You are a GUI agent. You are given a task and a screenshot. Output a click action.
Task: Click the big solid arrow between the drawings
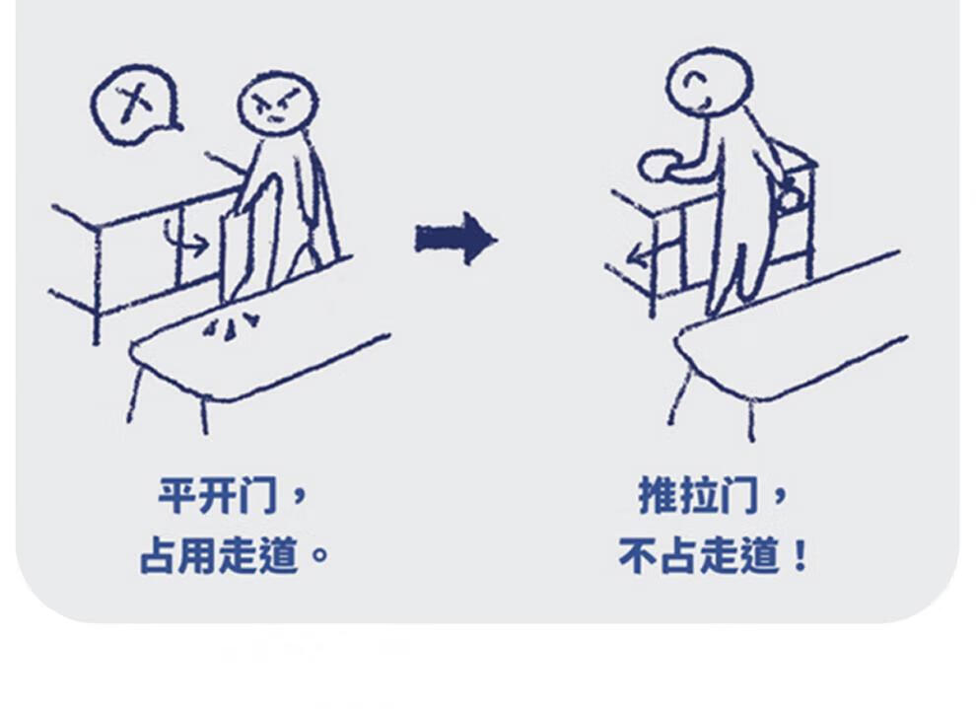pos(456,240)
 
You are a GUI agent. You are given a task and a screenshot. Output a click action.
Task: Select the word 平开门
pos(216,496)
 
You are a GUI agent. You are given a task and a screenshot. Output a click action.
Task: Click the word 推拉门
pos(698,496)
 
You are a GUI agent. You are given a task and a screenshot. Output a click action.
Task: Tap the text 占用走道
pos(217,555)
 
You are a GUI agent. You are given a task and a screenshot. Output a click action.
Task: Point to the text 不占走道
pos(698,555)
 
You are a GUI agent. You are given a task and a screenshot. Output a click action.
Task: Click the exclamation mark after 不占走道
pos(802,556)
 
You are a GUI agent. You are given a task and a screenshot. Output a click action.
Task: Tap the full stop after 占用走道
pos(319,555)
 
